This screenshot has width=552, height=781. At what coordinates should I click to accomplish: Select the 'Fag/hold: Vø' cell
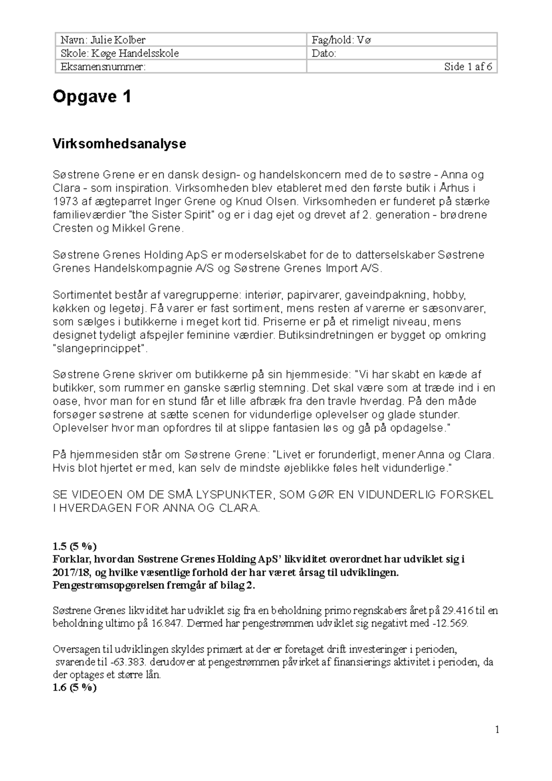coord(341,40)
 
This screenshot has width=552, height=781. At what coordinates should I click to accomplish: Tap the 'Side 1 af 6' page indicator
coord(468,67)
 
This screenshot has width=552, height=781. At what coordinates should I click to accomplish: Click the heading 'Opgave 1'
coord(92,97)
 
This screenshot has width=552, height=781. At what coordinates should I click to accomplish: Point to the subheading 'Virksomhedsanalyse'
coord(120,144)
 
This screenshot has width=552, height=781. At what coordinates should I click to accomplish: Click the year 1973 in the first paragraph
coord(63,201)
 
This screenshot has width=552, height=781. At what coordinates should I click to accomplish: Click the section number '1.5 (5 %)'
coord(75,546)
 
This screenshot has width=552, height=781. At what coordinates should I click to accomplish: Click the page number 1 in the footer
coord(497,730)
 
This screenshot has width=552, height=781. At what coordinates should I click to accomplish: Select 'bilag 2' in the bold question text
coord(234,586)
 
